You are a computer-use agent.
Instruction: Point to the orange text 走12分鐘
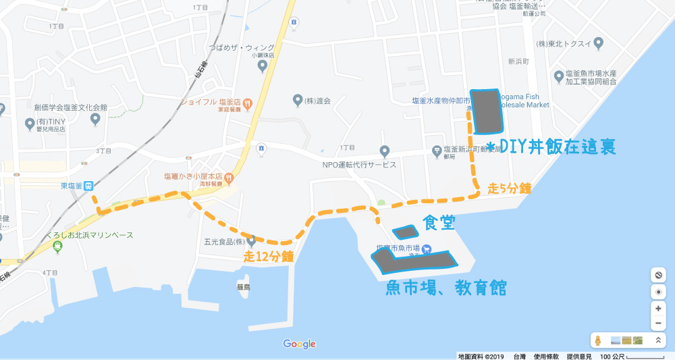(268, 256)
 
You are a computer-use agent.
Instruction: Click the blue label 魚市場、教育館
(446, 288)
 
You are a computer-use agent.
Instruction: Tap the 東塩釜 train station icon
(89, 187)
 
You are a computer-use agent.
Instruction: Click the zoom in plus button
(659, 307)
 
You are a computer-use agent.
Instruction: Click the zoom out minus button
(659, 323)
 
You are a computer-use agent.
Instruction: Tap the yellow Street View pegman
(597, 340)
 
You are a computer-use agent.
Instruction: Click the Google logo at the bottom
(300, 344)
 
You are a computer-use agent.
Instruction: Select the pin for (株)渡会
(297, 101)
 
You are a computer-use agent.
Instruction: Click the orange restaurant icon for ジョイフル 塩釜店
(247, 104)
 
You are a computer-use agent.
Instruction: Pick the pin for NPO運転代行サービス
(385, 151)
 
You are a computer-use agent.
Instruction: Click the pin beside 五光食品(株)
(252, 240)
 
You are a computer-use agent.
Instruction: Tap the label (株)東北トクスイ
(566, 44)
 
